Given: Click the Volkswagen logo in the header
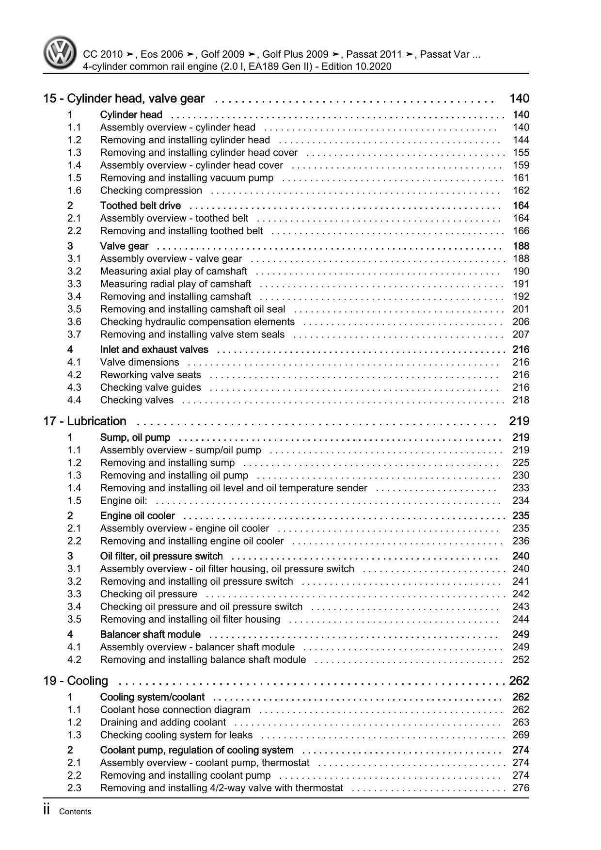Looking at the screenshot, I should click(x=60, y=54).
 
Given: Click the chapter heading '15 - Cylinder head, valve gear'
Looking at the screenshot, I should click(x=124, y=99).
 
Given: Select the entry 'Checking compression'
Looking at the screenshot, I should click(x=151, y=191).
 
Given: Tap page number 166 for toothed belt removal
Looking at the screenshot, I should click(x=521, y=231).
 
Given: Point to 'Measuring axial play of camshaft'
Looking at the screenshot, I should click(x=174, y=272).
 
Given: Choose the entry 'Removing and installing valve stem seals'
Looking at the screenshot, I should click(x=192, y=335).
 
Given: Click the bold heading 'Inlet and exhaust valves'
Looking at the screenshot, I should click(x=154, y=350).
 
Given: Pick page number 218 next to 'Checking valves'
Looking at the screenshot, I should click(x=521, y=401).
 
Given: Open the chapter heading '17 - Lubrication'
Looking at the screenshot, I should click(x=85, y=421).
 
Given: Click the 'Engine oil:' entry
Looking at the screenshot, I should click(x=124, y=501).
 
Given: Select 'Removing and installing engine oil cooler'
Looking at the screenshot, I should click(x=192, y=541).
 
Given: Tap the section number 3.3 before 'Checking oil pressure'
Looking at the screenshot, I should click(x=74, y=594).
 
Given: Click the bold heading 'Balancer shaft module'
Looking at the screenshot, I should click(x=150, y=635).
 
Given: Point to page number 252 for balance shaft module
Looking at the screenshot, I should click(x=521, y=660).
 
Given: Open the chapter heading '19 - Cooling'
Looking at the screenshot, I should click(x=76, y=681).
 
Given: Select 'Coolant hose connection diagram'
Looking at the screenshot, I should click(x=175, y=710).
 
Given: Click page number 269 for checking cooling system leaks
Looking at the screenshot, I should click(x=521, y=735).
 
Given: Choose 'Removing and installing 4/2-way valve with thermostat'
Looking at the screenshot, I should click(x=221, y=788).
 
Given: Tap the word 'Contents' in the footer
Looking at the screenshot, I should click(x=75, y=812).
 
